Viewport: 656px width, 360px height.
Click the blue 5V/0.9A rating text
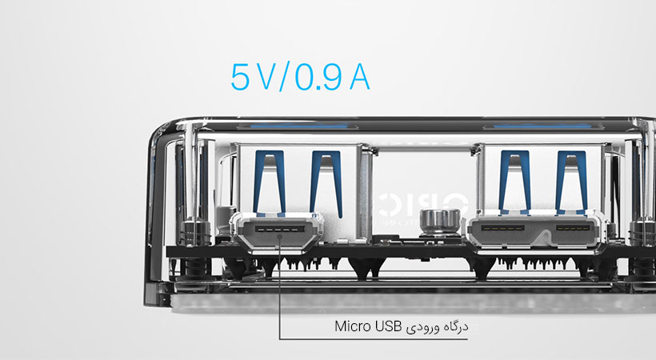pos(300,78)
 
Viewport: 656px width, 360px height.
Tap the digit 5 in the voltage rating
pos(240,78)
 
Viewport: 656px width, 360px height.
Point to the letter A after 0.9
pos(360,78)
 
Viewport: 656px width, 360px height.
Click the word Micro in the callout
pos(353,326)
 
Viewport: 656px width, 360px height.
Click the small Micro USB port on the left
pos(278,231)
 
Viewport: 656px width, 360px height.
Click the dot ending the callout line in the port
pos(279,236)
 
